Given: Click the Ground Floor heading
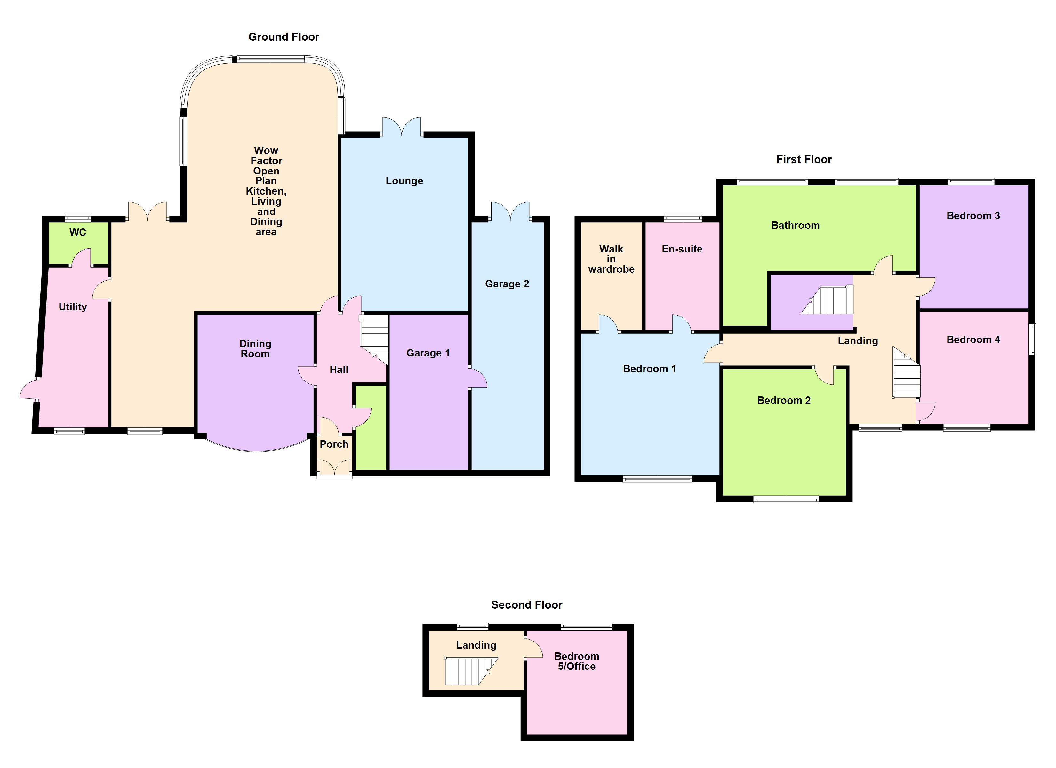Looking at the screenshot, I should pyautogui.click(x=284, y=37).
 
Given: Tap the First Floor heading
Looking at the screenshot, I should pyautogui.click(x=804, y=159).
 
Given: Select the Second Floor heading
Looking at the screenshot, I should pyautogui.click(x=527, y=604).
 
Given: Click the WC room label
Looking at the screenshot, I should pyautogui.click(x=78, y=232).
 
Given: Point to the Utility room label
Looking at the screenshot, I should pyautogui.click(x=73, y=307).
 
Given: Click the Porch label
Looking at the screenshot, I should pyautogui.click(x=334, y=444).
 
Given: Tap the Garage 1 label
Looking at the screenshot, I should pyautogui.click(x=428, y=353).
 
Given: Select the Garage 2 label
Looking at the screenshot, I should pyautogui.click(x=507, y=284).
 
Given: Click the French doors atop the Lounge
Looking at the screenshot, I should pyautogui.click(x=401, y=127).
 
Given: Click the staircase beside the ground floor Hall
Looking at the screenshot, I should pyautogui.click(x=374, y=338).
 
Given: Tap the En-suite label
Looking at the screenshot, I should pyautogui.click(x=682, y=249).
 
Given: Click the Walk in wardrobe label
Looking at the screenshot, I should pyautogui.click(x=611, y=259).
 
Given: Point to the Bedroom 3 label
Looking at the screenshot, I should pyautogui.click(x=973, y=216).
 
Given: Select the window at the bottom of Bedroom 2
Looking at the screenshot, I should pyautogui.click(x=786, y=500).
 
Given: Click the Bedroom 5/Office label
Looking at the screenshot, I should pyautogui.click(x=576, y=661).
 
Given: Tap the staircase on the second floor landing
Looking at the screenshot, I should pyautogui.click(x=468, y=671).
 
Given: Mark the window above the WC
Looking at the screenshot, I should pyautogui.click(x=78, y=218).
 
